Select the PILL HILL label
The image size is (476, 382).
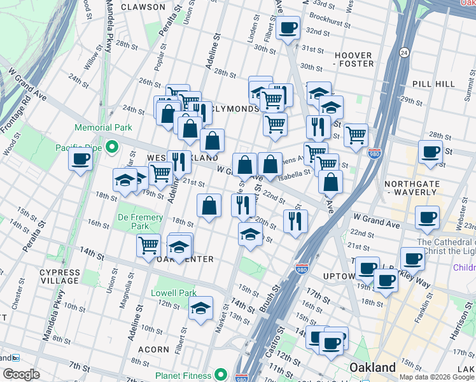[433, 83]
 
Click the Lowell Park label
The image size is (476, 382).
[174, 293]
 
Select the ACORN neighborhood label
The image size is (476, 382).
[153, 350]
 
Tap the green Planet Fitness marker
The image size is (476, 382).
[220, 374]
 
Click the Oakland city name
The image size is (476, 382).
[372, 367]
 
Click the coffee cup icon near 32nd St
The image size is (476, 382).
[288, 28]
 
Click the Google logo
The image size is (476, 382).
[21, 374]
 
